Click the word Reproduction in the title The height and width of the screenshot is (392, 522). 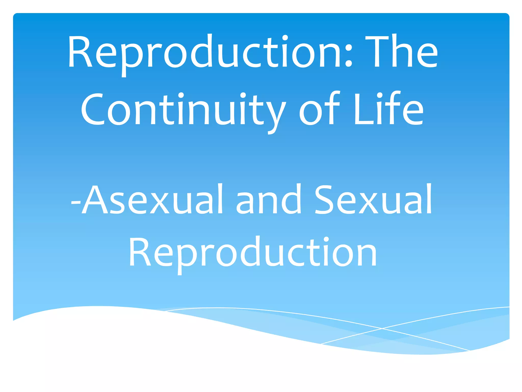(206, 52)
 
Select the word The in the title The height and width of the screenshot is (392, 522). (401, 52)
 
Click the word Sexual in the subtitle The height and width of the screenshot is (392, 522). (373, 200)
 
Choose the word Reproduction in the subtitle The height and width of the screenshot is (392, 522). (252, 253)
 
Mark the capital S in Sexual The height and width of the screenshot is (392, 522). (325, 200)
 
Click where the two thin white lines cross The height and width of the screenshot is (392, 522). (382, 328)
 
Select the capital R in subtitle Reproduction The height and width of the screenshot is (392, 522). (139, 253)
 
